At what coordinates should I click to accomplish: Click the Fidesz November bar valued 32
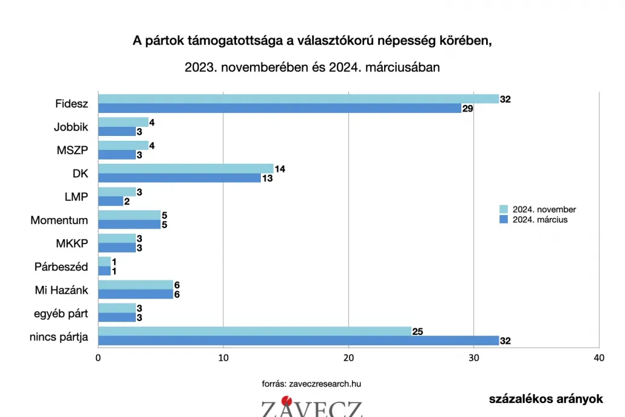(x=298, y=99)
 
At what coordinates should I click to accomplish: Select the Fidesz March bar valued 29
(x=279, y=109)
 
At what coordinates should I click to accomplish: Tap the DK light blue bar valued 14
(x=185, y=169)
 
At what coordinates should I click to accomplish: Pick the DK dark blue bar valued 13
(x=179, y=178)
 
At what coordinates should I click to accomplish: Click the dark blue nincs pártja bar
(x=298, y=341)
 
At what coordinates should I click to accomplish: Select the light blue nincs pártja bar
(x=254, y=331)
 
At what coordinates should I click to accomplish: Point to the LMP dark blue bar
(x=111, y=201)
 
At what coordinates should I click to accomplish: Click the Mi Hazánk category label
(x=61, y=290)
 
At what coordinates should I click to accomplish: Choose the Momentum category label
(x=59, y=220)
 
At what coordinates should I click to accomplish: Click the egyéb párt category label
(x=62, y=313)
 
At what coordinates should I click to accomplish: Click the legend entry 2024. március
(x=535, y=219)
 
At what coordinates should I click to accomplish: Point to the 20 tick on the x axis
(x=348, y=358)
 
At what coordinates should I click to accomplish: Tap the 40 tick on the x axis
(x=598, y=358)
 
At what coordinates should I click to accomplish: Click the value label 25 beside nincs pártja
(x=418, y=331)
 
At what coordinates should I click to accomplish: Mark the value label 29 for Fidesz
(x=467, y=109)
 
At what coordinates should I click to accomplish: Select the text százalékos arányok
(x=546, y=399)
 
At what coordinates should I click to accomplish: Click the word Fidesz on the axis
(x=71, y=104)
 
